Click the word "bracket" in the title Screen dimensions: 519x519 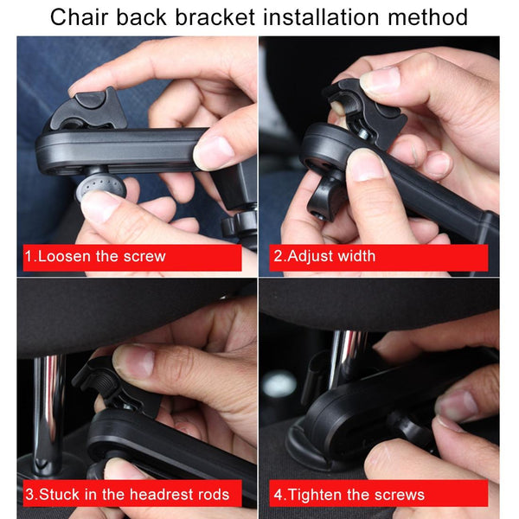click(x=215, y=17)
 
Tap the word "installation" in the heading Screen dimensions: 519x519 click(x=321, y=17)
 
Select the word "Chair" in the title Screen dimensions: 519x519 click(x=79, y=17)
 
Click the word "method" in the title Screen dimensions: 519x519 click(x=427, y=17)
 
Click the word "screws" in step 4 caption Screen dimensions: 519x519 click(x=400, y=495)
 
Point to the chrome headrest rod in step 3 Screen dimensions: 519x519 click(x=49, y=413)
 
